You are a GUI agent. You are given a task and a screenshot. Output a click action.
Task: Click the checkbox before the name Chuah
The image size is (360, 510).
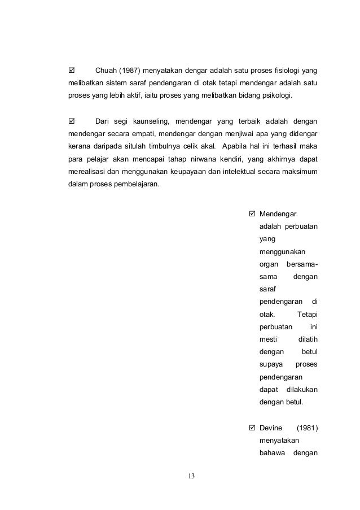coord(71,71)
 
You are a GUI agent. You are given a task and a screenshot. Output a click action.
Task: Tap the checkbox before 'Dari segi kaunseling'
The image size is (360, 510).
coord(71,121)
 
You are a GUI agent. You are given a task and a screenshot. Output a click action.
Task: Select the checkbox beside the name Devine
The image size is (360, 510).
coord(252,428)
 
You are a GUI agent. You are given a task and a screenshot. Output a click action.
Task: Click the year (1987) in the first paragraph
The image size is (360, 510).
coord(129,71)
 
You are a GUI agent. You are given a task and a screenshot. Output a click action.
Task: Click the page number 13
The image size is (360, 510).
coord(191,476)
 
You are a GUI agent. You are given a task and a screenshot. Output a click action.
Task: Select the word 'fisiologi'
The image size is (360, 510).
coord(284,71)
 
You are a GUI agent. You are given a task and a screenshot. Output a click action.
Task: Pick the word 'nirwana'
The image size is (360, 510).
coord(218,160)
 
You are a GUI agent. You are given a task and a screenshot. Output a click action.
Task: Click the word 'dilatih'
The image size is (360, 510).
coord(307,339)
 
